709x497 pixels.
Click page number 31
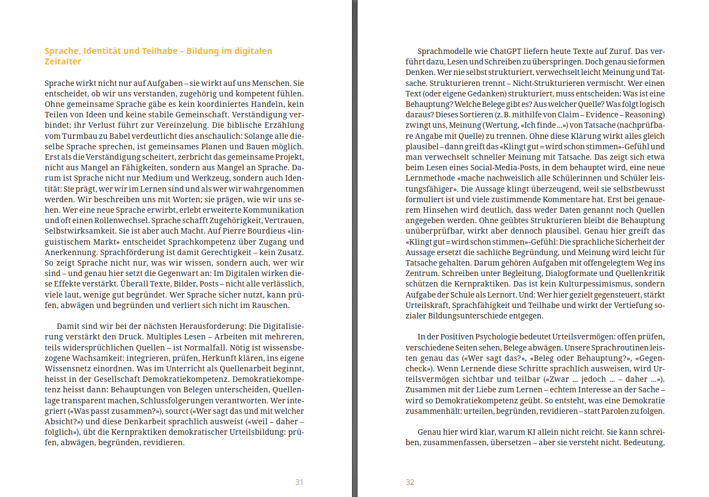point(299,482)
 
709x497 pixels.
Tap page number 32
point(410,482)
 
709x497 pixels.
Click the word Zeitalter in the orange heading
point(63,62)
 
